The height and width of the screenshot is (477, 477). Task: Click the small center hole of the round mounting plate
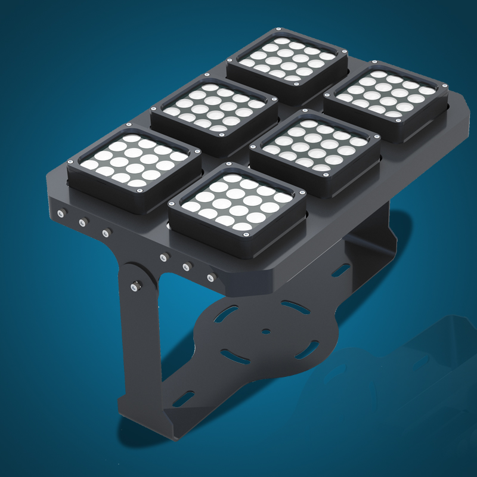pos(266,331)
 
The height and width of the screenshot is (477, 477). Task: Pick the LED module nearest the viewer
pos(237,206)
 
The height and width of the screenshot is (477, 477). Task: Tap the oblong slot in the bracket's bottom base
pos(184,398)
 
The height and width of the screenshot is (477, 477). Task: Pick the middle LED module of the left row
pos(213,109)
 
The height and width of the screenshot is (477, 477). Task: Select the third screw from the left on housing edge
pos(106,233)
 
